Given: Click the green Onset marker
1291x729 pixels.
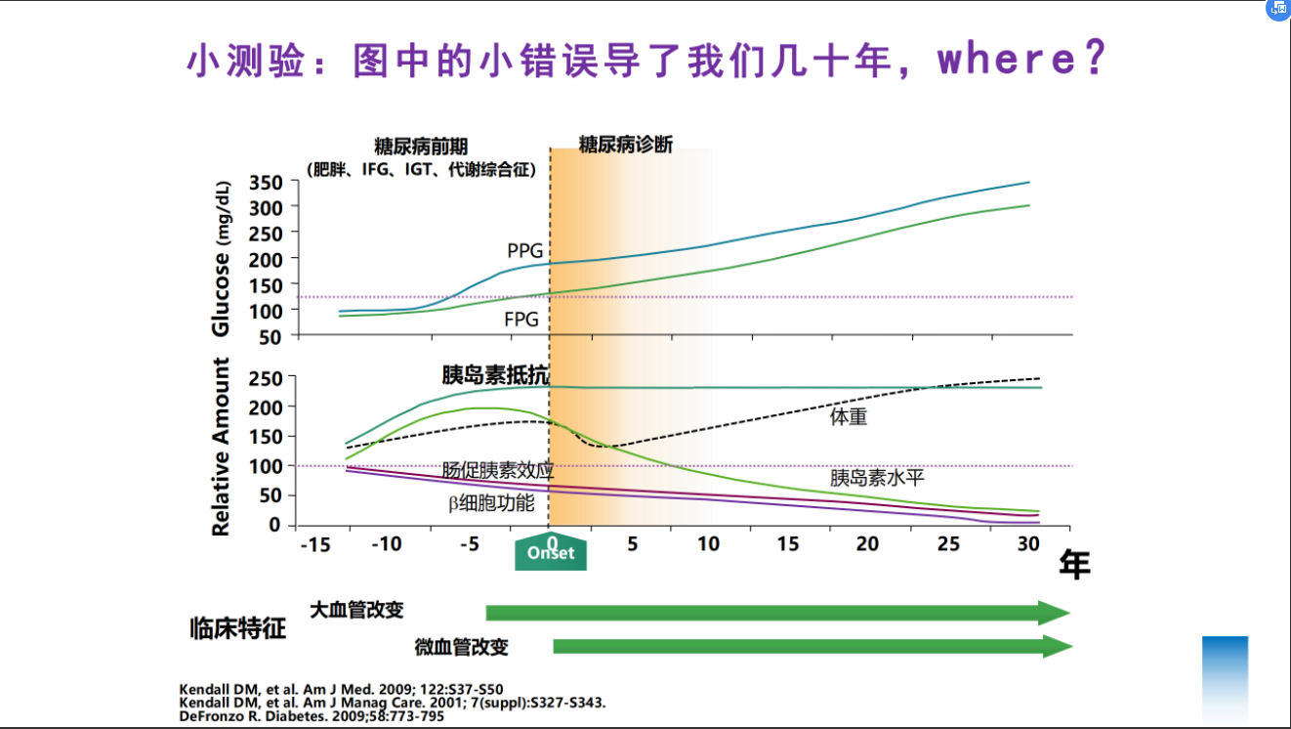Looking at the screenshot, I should tap(551, 553).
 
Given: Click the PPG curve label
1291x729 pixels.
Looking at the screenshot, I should tap(524, 251).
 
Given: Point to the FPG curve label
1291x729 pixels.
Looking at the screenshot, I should tap(521, 320).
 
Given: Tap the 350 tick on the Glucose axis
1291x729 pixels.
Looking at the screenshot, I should tap(265, 183).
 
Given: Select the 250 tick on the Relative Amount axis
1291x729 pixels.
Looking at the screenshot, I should tap(265, 378).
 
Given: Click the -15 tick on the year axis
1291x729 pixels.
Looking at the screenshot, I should tap(314, 544).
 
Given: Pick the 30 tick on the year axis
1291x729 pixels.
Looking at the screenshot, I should tap(1027, 544).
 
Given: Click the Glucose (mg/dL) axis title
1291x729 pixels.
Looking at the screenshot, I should tap(222, 258).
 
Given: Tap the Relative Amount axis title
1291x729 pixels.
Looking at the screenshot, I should tap(222, 447).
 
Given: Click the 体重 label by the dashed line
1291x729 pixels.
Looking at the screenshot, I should tap(849, 417).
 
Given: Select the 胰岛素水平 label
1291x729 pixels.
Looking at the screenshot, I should tap(877, 478).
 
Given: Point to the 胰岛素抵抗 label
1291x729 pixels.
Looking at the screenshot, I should tap(495, 375).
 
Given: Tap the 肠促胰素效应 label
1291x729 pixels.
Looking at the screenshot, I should tap(497, 470).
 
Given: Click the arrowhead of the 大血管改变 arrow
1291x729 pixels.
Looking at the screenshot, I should tap(1055, 613).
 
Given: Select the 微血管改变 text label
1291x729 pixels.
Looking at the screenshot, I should tap(461, 647).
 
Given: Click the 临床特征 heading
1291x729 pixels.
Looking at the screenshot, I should tap(237, 628).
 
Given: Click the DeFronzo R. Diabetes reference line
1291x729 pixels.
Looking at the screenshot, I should tap(312, 716).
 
